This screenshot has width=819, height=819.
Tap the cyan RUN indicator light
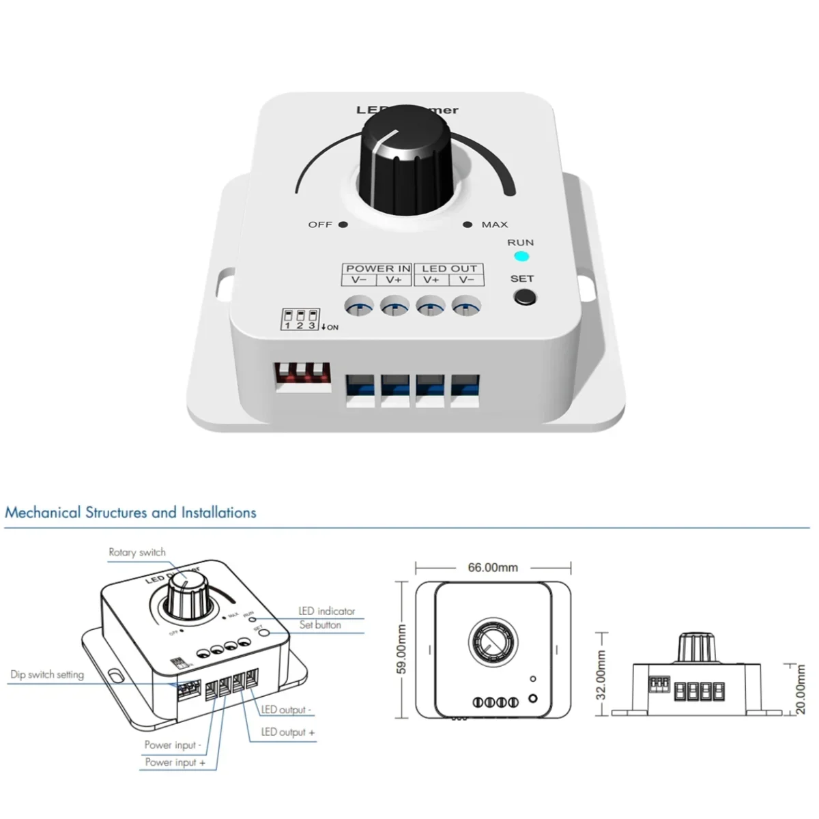[x=521, y=257]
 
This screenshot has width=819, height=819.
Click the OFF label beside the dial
[x=320, y=225]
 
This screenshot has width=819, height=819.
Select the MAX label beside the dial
[x=494, y=225]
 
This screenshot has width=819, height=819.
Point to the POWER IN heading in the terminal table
[x=377, y=268]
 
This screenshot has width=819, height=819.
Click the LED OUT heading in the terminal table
[x=449, y=268]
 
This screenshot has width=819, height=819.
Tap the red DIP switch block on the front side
[x=302, y=376]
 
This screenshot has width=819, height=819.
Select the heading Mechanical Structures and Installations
[x=130, y=513]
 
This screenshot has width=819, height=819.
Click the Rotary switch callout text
[x=137, y=552]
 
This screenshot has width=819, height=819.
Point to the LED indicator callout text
[x=327, y=611]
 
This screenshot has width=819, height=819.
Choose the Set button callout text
[x=320, y=624]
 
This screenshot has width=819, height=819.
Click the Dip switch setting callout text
[x=47, y=674]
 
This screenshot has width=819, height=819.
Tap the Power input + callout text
[x=175, y=762]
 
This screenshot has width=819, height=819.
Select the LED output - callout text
[x=286, y=710]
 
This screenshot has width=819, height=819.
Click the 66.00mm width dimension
[x=493, y=567]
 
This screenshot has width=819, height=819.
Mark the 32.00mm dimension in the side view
[x=601, y=674]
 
